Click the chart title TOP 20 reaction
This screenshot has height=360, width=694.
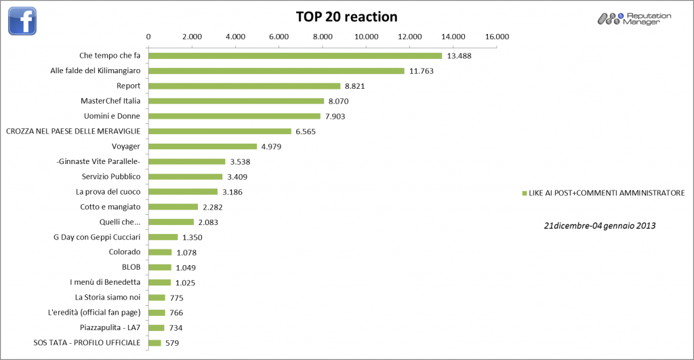[x=346, y=16]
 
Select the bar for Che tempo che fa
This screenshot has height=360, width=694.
[x=295, y=56]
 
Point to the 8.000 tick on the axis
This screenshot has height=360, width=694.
[x=323, y=36]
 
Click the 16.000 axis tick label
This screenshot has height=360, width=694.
[x=497, y=36]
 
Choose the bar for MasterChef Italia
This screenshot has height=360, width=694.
[x=236, y=101]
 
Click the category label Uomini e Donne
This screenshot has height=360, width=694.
[x=111, y=116]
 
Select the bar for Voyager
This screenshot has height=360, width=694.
[x=203, y=146]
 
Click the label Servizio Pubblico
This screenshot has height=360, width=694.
[x=111, y=176]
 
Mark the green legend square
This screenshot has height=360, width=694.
[x=524, y=194]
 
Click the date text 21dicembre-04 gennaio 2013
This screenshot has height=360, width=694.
[x=599, y=224]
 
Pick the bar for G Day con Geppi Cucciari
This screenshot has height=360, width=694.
[x=163, y=237]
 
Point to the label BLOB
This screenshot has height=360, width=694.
[x=131, y=267]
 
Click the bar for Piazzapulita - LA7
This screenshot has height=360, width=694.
[x=157, y=327]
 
